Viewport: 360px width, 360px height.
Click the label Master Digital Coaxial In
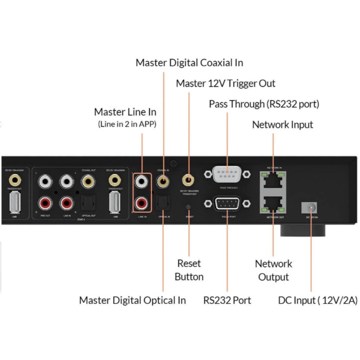coord(189,63)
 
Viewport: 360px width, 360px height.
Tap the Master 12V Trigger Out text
coord(225,84)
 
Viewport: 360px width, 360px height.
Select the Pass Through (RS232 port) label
coord(264,104)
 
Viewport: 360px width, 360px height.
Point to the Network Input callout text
coord(283,125)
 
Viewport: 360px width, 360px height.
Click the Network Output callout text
coord(274,270)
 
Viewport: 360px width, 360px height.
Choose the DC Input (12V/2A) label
coord(318,300)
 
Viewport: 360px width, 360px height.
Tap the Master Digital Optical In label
coord(132,300)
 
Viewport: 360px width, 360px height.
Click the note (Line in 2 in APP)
coord(127,125)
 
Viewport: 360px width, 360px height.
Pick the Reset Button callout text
coord(189,270)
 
